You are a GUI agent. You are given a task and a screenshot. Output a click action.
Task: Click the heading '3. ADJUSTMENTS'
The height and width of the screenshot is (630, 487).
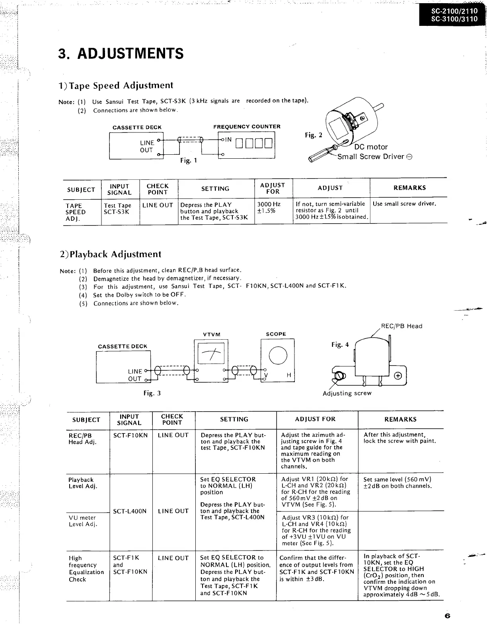tap(121, 53)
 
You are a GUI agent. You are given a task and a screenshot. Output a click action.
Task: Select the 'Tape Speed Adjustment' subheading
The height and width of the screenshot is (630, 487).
tap(116, 86)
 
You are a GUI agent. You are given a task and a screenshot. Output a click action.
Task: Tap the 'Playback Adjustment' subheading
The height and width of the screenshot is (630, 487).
tap(110, 254)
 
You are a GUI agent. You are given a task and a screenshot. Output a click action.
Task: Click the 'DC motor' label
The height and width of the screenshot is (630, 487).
tap(371, 147)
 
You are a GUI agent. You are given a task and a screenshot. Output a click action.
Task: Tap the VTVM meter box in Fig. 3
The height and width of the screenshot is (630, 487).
tap(211, 360)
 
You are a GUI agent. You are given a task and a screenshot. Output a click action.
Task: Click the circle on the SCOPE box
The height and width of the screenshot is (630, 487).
tap(278, 355)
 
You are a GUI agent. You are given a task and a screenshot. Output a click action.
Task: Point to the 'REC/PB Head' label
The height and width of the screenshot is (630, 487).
tap(401, 326)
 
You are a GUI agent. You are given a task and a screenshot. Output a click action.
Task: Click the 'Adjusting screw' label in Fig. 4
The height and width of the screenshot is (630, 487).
tap(347, 393)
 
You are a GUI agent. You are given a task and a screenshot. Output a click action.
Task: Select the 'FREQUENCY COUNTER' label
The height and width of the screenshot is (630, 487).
tap(247, 126)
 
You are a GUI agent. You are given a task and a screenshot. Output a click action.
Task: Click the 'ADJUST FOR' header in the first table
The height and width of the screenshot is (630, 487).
tap(273, 188)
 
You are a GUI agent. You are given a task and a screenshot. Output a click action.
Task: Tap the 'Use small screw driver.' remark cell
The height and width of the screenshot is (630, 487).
tap(404, 204)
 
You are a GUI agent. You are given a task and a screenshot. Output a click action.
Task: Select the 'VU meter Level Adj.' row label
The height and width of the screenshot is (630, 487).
tap(82, 521)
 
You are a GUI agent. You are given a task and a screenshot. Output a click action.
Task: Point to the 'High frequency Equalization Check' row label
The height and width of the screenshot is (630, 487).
tap(86, 569)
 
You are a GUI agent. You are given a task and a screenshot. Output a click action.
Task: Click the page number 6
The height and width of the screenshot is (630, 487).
tap(447, 616)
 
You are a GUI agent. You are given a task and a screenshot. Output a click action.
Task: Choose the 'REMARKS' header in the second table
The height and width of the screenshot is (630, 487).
tap(400, 419)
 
